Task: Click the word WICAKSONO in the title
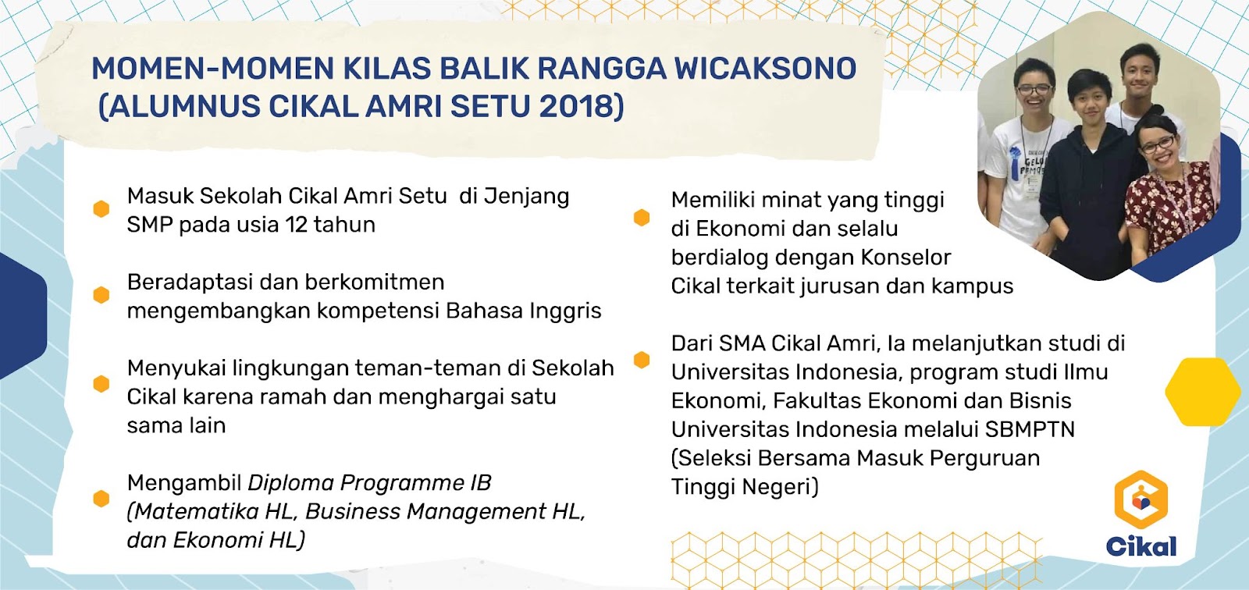[x=765, y=69]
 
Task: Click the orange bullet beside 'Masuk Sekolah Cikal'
[x=101, y=209]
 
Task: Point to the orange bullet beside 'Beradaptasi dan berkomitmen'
[x=101, y=295]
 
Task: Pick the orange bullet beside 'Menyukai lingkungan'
[x=101, y=384]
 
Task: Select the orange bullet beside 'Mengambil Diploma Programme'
[x=101, y=499]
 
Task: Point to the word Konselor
[x=906, y=258]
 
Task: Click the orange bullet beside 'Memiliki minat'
[x=642, y=218]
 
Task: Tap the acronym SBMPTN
[x=1030, y=429]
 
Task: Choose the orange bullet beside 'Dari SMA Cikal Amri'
[x=642, y=360]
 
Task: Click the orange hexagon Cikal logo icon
[x=1140, y=499]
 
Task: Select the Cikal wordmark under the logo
[x=1141, y=546]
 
